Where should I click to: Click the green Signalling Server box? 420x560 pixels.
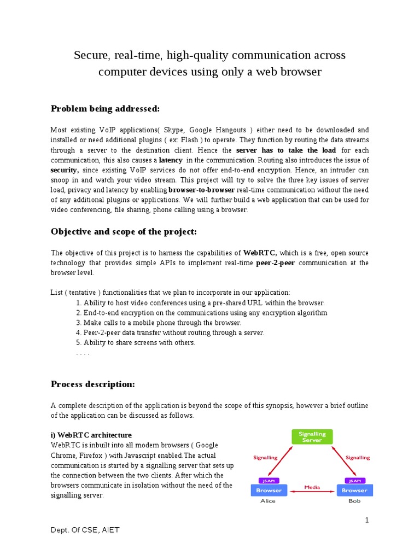312,437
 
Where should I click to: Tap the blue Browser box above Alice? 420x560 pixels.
269,490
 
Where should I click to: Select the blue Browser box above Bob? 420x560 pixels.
354,490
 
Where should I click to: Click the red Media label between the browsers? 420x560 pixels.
312,486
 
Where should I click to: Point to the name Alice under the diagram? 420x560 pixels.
267,501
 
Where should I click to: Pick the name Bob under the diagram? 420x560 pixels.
355,501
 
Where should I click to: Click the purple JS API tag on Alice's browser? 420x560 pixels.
269,481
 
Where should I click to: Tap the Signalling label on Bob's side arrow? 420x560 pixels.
358,457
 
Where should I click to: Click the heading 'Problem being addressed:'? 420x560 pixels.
105,109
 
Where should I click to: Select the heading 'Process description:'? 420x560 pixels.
92,384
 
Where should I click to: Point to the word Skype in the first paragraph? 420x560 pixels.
174,130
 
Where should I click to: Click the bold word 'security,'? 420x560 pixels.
65,170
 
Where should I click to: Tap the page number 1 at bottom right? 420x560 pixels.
367,520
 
